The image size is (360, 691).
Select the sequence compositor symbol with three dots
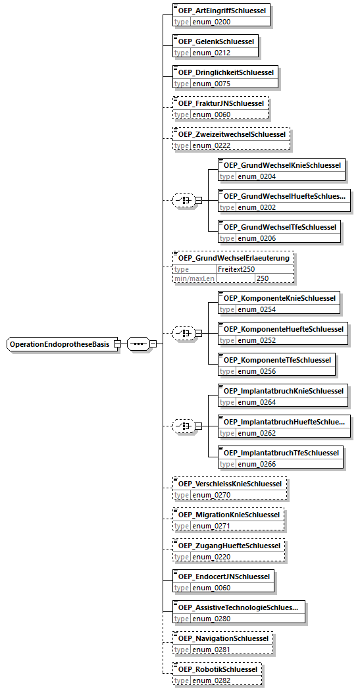coord(138,344)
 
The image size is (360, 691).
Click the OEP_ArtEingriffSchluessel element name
coord(222,10)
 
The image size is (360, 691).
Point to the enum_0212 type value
coord(211,53)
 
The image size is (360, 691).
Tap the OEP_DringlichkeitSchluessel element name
coord(226,72)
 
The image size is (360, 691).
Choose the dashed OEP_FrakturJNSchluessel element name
coord(220,103)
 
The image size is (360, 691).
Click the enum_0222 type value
coord(211,146)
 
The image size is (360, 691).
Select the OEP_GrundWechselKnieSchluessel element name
coord(282,165)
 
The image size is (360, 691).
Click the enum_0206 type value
coord(257,238)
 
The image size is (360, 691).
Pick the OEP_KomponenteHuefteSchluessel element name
coord(284,329)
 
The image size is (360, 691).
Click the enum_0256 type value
coord(257,372)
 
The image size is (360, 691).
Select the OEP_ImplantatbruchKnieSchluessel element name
coord(284,391)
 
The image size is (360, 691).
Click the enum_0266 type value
coord(257,464)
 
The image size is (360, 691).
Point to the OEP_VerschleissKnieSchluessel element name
coord(230,484)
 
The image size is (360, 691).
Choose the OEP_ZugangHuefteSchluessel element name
coord(229,546)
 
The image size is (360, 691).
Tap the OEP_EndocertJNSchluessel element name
coord(223,577)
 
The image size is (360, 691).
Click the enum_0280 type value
coord(211,619)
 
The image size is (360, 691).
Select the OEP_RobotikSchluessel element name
coord(218,669)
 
